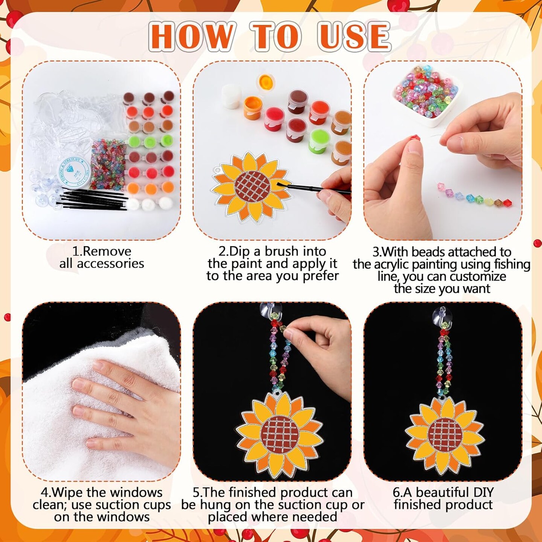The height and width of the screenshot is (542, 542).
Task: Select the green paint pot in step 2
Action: (x=319, y=141)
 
